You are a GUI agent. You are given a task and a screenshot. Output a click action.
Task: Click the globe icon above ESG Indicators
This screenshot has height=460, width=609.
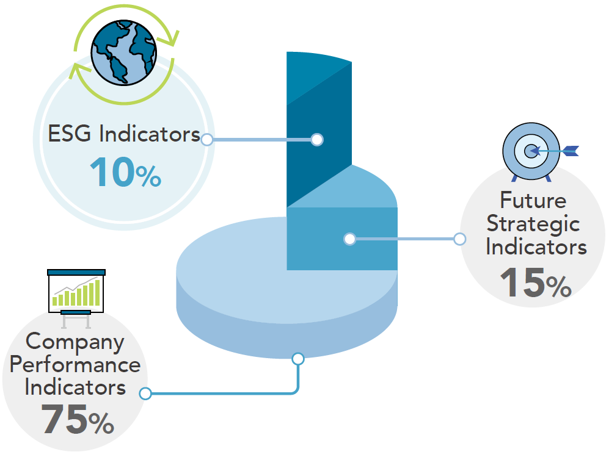124,52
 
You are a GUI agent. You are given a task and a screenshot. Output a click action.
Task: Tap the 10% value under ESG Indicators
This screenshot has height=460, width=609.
125,172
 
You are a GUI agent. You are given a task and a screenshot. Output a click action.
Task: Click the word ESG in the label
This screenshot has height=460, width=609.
69,134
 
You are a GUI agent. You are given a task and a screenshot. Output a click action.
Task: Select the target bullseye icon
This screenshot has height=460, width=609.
531,151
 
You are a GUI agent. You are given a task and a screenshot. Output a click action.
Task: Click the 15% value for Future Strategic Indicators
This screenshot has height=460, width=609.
536,282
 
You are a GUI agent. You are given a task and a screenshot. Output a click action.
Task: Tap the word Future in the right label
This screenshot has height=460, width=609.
533,200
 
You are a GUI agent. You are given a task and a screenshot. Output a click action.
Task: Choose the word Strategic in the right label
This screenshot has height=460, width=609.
533,225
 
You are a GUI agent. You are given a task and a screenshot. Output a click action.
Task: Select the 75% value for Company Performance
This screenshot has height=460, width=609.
78,419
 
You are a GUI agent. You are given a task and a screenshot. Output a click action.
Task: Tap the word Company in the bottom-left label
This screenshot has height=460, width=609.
75,342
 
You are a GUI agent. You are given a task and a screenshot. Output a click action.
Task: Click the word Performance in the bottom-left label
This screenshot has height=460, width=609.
75,365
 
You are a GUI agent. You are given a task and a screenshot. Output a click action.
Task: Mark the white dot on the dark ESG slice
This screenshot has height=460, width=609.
317,139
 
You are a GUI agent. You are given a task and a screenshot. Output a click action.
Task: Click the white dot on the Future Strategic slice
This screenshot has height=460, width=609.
349,239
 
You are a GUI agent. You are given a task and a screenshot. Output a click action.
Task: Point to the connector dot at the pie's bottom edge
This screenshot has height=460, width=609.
298,359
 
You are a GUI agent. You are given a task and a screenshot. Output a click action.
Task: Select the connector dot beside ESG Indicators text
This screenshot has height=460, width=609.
207,139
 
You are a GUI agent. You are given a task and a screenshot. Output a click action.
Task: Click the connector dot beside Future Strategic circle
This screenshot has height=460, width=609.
460,239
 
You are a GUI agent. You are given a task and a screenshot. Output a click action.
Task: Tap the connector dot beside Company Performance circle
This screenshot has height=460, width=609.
145,394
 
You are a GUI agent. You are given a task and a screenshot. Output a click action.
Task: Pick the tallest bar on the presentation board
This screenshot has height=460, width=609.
98,293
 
